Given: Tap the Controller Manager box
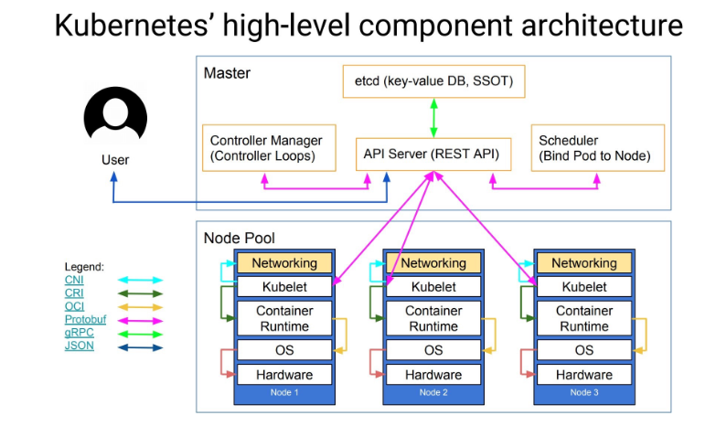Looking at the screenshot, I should coord(266,148).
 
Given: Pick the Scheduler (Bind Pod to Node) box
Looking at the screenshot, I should coord(593,148).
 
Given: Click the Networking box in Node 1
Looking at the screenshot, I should coord(283,263).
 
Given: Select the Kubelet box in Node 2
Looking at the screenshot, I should coord(433,287).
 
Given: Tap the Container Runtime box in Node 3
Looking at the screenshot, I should coord(583,318).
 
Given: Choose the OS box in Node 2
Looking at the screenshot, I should coord(433,350).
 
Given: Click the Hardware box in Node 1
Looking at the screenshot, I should coord(283,375).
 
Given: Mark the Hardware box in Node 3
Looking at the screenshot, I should coord(583,375).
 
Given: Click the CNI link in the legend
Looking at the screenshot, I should coord(74,280).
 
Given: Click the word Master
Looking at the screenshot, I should coord(227,73).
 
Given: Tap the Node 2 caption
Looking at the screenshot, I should coord(433,393).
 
